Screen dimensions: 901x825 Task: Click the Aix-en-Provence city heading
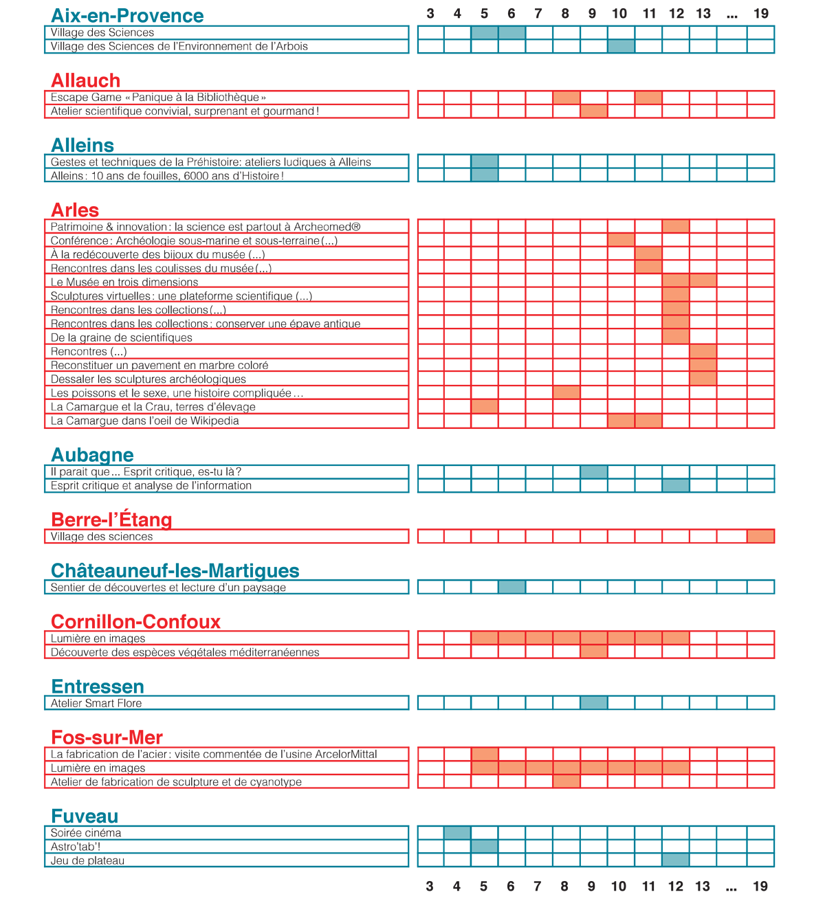127,15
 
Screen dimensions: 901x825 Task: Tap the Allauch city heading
85,80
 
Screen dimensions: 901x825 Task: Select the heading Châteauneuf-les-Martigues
175,570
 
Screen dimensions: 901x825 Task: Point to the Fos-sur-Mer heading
107,737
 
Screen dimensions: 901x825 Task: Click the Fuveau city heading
85,816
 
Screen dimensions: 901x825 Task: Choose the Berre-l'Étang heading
111,519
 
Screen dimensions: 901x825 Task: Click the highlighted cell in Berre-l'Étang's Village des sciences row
760,536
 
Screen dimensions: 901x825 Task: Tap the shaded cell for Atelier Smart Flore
594,702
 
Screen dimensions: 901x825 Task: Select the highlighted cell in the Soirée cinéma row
457,833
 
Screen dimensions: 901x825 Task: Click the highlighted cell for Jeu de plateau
675,860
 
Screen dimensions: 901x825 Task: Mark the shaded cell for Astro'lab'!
485,846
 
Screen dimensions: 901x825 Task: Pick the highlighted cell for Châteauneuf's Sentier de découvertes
511,587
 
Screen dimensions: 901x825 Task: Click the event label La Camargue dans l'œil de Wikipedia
144,420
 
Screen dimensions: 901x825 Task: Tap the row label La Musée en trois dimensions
124,281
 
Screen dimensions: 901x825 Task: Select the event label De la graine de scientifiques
121,337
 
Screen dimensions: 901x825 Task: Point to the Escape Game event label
158,98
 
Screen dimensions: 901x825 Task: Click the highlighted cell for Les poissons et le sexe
566,392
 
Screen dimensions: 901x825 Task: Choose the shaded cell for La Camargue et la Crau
485,406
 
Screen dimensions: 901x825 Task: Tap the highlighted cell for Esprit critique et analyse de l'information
675,485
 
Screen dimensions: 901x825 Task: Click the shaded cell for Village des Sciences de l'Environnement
621,46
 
